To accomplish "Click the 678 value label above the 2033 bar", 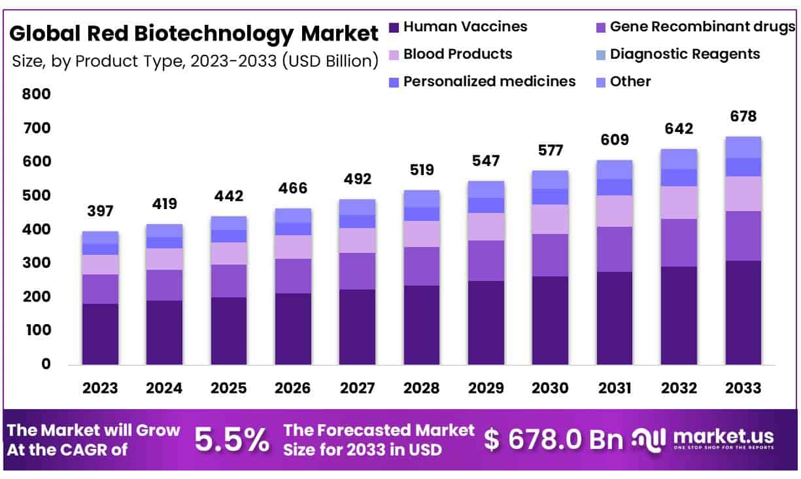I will tap(743, 117).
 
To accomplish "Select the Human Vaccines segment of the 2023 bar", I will tap(100, 333).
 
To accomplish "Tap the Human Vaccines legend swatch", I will tap(394, 27).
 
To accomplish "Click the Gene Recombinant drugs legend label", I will tap(702, 27).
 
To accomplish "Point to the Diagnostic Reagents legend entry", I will tap(685, 54).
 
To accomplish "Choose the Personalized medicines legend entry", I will tap(489, 82).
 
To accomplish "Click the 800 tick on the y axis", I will tap(37, 94).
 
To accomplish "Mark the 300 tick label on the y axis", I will tap(37, 263).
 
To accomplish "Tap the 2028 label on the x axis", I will tap(422, 388).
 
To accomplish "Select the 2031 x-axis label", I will tap(615, 388).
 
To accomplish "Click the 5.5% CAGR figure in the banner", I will tap(232, 440).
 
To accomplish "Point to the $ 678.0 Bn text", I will tap(553, 440).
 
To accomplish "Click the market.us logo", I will tap(704, 438).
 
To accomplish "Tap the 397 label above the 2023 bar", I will tap(100, 211).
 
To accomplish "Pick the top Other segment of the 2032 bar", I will tap(679, 159).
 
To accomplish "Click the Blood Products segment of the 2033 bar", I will tap(743, 193).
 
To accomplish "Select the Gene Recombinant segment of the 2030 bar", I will tap(550, 255).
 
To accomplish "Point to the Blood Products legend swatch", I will tap(394, 54).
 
